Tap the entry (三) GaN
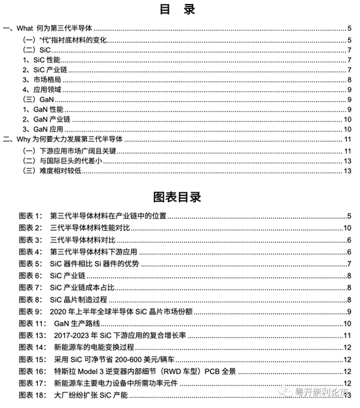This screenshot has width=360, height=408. click(x=34, y=99)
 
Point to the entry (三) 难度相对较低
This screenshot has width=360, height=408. click(x=50, y=171)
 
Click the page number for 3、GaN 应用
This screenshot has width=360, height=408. click(x=349, y=129)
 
